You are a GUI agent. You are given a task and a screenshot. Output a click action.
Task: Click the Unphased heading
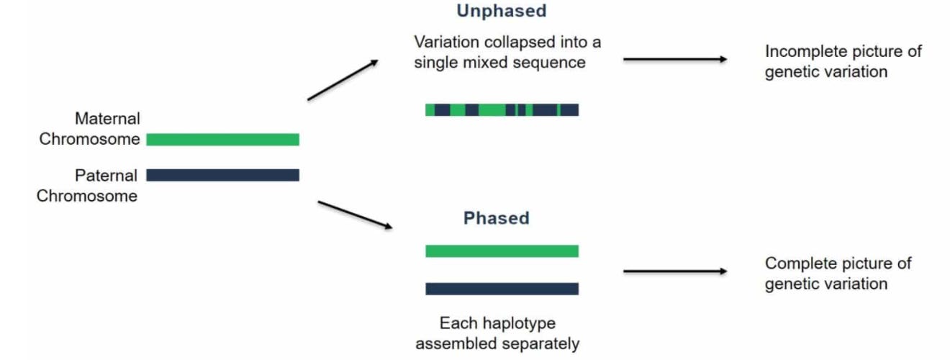(x=501, y=11)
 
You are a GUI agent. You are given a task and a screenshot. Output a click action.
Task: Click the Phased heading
(x=496, y=218)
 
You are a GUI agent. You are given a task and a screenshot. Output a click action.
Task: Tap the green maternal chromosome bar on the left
(x=222, y=140)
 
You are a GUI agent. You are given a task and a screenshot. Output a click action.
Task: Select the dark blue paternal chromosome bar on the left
(x=222, y=175)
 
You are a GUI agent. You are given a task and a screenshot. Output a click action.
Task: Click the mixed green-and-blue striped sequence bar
(x=502, y=110)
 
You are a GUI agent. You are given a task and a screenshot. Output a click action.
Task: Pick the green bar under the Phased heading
(x=502, y=251)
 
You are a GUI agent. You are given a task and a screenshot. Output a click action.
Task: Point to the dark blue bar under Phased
(x=502, y=289)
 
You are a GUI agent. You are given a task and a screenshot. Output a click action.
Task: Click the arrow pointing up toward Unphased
(x=343, y=80)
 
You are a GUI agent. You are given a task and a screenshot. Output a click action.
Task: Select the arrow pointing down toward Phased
(x=355, y=215)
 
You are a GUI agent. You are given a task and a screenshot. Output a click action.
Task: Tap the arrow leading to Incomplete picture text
(x=675, y=59)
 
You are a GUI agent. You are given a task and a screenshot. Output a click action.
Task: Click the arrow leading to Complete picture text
(x=675, y=271)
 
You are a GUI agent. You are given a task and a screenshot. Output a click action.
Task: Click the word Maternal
(x=107, y=118)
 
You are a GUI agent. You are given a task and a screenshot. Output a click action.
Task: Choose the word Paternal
(x=106, y=176)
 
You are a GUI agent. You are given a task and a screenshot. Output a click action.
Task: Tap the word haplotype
(x=518, y=323)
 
